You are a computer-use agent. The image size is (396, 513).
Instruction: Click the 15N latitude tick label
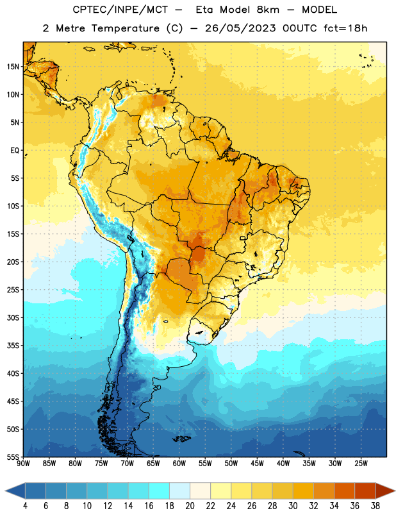point(13,67)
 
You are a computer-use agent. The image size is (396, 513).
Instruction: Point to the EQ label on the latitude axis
point(15,151)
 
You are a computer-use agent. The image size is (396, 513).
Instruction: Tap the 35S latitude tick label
point(13,346)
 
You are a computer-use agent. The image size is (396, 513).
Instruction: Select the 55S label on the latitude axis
point(13,457)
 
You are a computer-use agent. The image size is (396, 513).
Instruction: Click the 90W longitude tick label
point(23,464)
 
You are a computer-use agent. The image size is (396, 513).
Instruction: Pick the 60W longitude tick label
point(179,464)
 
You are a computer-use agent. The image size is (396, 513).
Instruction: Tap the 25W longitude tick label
point(361,464)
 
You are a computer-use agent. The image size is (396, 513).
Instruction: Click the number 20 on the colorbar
point(190,506)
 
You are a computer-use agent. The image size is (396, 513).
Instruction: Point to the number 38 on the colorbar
point(375,506)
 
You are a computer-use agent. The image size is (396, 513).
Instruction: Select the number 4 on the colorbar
point(25,506)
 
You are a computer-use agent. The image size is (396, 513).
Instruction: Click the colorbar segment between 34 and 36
point(344,491)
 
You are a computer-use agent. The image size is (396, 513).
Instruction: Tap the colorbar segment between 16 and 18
point(160,491)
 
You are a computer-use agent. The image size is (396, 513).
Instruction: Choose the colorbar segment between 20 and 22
point(201,491)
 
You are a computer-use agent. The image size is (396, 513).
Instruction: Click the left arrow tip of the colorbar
point(5,491)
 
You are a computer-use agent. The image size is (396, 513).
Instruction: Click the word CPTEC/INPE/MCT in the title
point(120,10)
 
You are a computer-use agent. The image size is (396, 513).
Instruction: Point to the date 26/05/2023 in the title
point(240,28)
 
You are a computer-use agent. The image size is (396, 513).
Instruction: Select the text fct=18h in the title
point(345,28)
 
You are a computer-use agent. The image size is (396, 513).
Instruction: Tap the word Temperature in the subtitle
point(125,28)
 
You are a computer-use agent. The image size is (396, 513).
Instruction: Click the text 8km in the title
point(268,10)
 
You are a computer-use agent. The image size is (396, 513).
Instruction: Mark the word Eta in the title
point(204,10)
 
